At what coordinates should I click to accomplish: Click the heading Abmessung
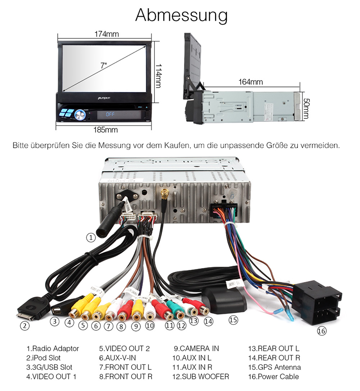click(x=181, y=15)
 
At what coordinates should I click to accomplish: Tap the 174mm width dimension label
click(x=106, y=34)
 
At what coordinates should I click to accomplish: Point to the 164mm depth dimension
click(x=250, y=82)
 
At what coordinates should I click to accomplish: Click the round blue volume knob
click(x=80, y=115)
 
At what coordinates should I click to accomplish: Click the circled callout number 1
click(x=91, y=237)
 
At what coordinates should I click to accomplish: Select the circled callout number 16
click(x=321, y=331)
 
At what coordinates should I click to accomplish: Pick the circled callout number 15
click(x=233, y=320)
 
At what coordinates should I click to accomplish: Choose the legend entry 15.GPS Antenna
click(x=274, y=367)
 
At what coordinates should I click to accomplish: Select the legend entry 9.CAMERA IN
click(x=196, y=348)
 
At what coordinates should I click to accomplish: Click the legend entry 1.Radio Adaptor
click(x=53, y=348)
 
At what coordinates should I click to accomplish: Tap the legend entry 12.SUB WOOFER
click(x=201, y=377)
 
